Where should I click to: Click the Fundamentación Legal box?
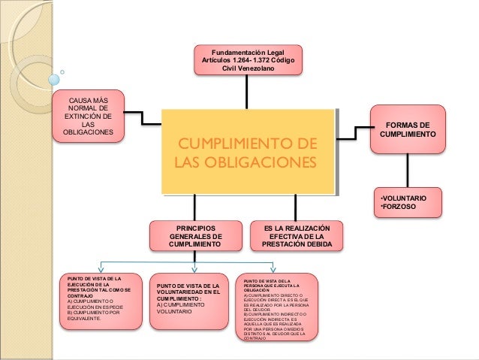pyautogui.click(x=248, y=59)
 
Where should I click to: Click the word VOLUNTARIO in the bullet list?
pyautogui.click(x=406, y=197)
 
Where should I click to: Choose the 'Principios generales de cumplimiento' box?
pyautogui.click(x=195, y=235)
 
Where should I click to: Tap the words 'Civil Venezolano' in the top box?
pyautogui.click(x=249, y=68)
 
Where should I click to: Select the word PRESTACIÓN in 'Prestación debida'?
pyautogui.click(x=282, y=244)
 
